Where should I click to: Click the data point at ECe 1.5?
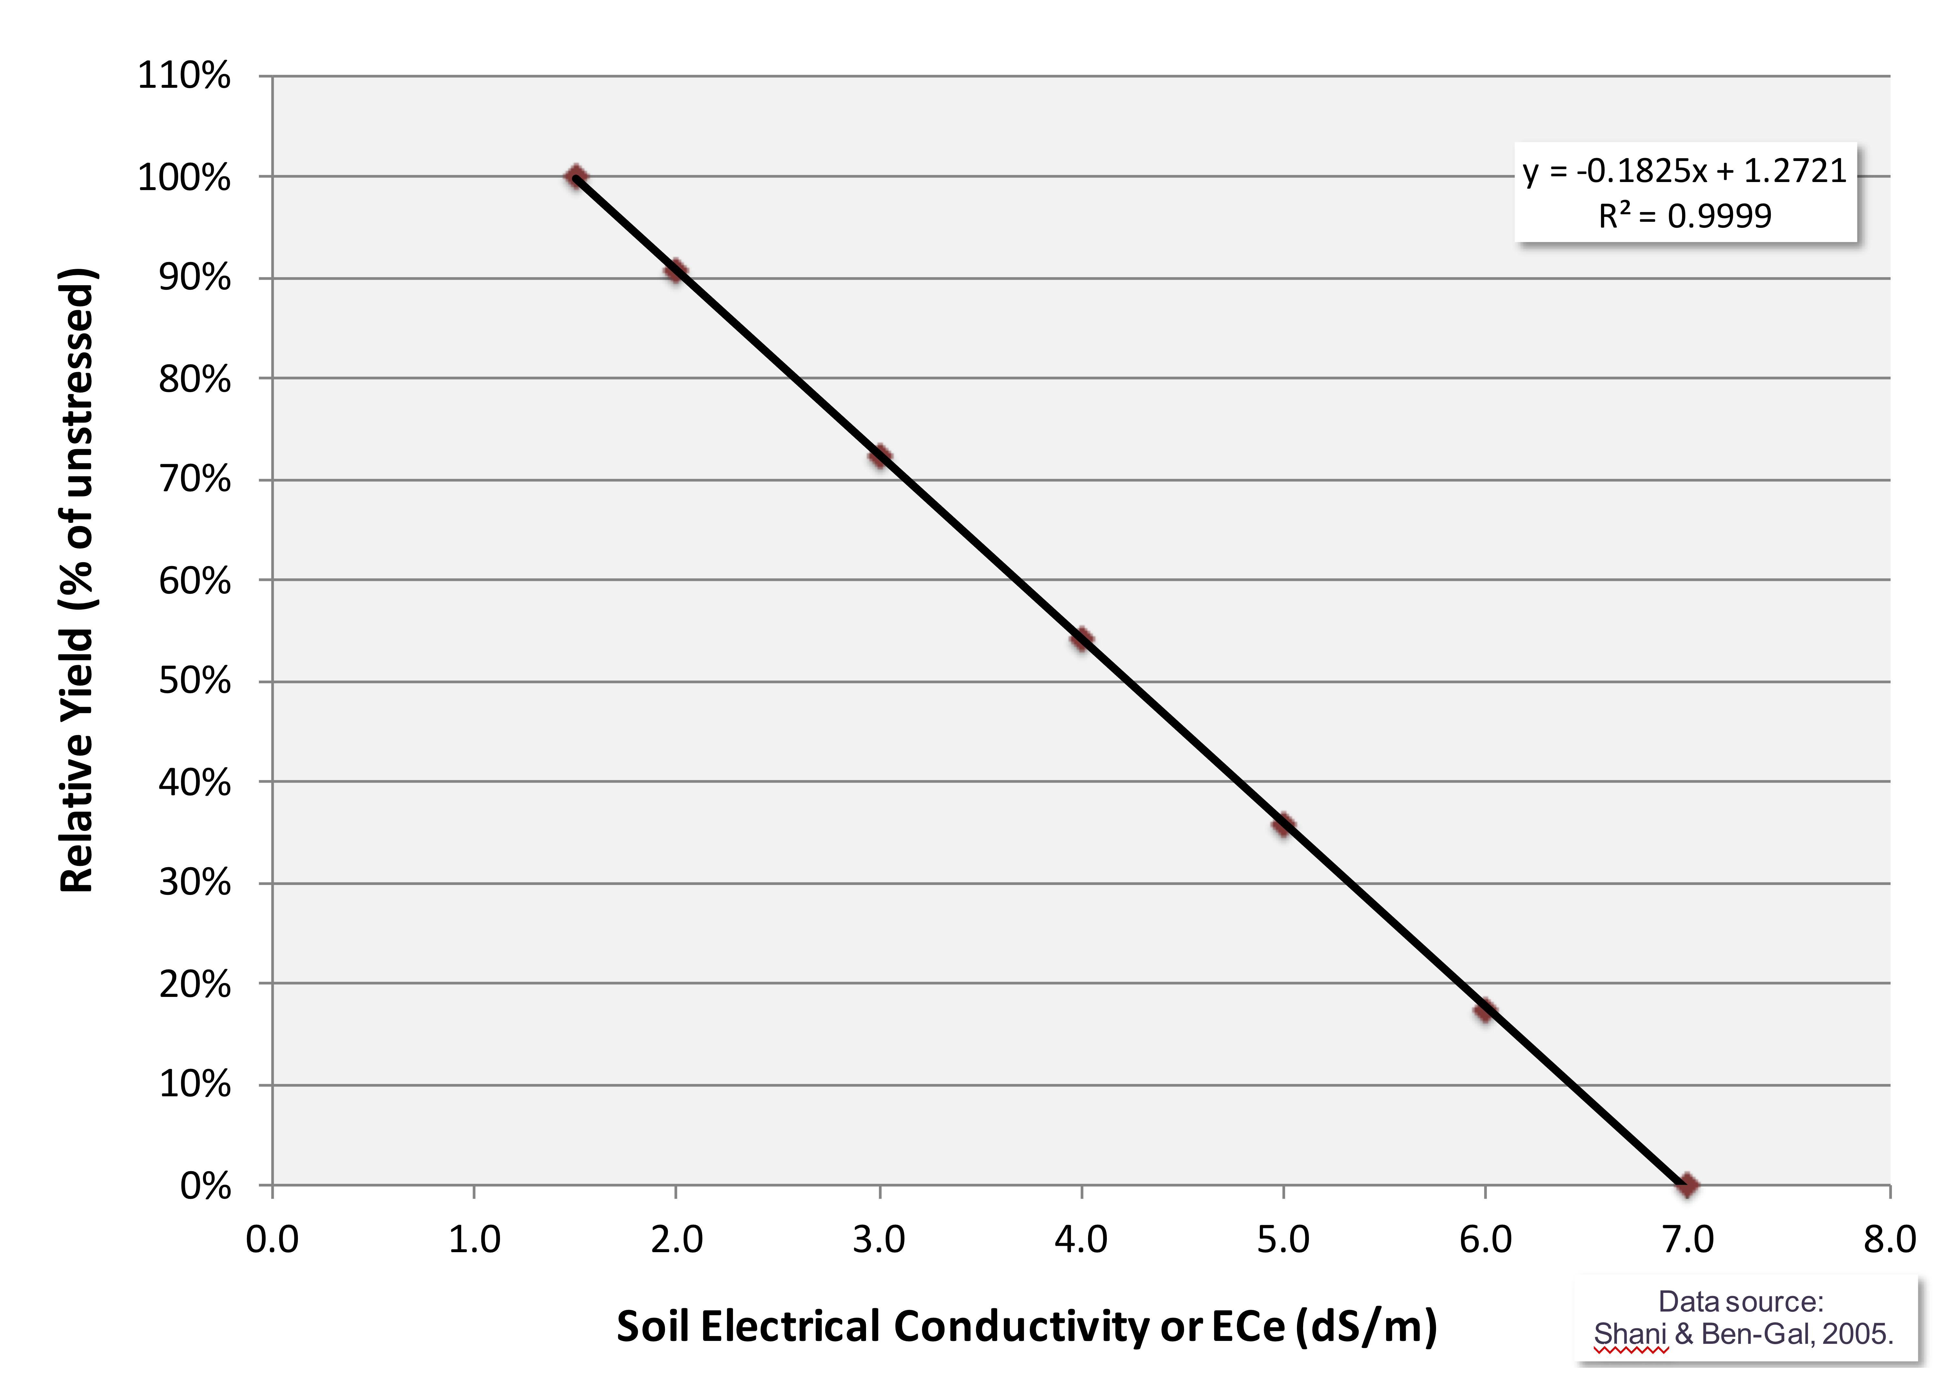tap(576, 177)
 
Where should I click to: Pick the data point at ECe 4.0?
tap(1081, 638)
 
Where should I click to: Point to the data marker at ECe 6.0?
tap(1485, 1010)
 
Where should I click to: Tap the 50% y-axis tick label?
tap(195, 682)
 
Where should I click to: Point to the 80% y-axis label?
tap(195, 379)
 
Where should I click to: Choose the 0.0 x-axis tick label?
tap(272, 1239)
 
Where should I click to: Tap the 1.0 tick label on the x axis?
tap(474, 1239)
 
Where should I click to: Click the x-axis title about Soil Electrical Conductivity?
tap(1026, 1327)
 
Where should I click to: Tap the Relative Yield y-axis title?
tap(77, 582)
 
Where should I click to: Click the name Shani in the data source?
tap(1630, 1334)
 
